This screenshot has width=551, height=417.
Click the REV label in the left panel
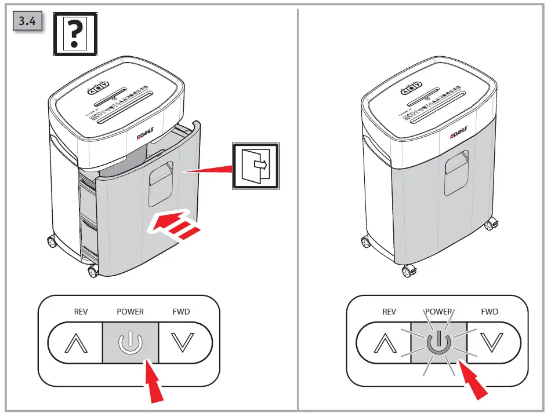81,312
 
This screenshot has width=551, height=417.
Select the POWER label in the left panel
130,312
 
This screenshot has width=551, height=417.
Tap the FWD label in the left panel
182,312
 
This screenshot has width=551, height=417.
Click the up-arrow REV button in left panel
76,343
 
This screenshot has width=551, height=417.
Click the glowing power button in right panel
438,343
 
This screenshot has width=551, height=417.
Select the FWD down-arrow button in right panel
492,343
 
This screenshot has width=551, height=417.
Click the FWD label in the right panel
490,312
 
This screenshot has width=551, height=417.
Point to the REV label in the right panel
389,312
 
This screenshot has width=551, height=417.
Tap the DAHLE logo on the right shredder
461,136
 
